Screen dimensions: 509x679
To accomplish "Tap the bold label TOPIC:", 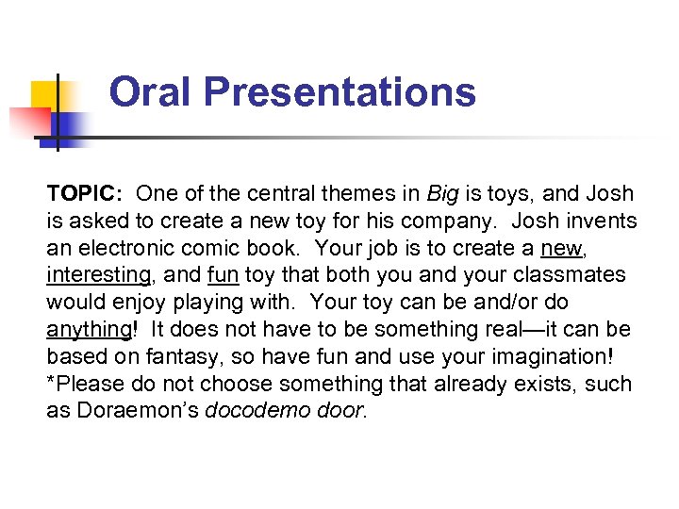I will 85,194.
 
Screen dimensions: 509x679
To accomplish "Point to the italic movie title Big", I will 442,194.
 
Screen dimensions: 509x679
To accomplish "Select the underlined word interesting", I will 98,276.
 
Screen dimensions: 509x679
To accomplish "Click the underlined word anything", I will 88,331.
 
